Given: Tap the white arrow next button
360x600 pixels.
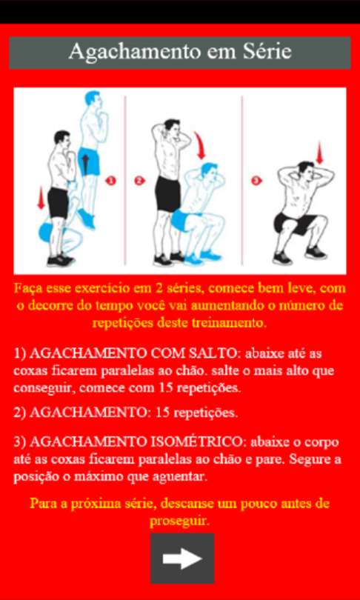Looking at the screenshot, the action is click(182, 559).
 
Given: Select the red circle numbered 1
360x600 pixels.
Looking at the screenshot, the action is click(110, 180).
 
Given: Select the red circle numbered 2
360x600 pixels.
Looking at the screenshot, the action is click(139, 180).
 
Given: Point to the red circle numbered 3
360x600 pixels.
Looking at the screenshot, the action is click(257, 180).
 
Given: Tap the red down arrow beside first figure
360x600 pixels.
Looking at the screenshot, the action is click(41, 198).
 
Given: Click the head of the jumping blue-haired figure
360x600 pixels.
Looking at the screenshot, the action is click(93, 101).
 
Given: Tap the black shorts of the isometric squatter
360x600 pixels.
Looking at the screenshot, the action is click(296, 224).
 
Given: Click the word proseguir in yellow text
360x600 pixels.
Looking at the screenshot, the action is click(180, 521).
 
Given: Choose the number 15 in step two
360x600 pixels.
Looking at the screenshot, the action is click(163, 413).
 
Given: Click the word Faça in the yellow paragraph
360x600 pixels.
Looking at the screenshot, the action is click(27, 289).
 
